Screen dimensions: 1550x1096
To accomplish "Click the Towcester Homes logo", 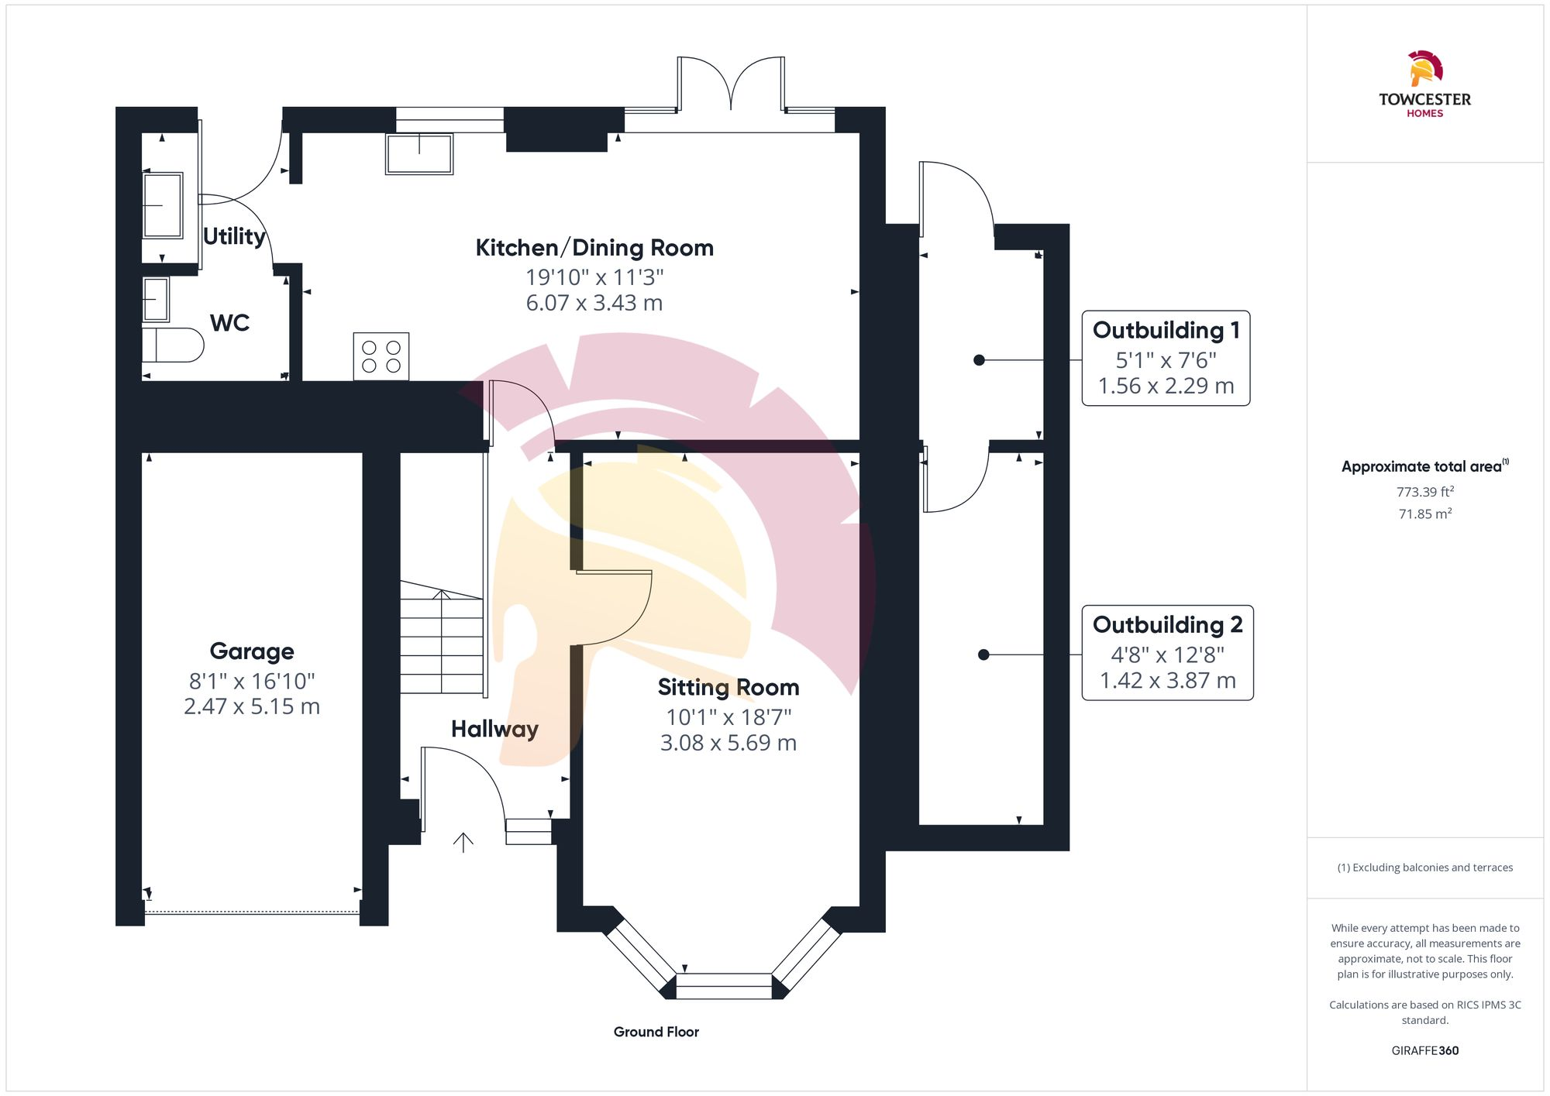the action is pyautogui.click(x=1424, y=84).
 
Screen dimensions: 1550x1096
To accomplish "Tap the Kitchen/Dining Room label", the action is pyautogui.click(x=594, y=248).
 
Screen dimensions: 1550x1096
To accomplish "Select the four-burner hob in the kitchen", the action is pyautogui.click(x=381, y=356).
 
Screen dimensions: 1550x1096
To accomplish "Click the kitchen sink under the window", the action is pyautogui.click(x=419, y=153).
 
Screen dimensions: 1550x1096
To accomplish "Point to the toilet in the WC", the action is pyautogui.click(x=172, y=345).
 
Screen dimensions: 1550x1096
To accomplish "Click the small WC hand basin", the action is pyautogui.click(x=156, y=300).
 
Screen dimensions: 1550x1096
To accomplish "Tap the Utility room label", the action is pyautogui.click(x=234, y=236).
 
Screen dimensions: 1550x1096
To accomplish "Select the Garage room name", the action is pyautogui.click(x=252, y=651).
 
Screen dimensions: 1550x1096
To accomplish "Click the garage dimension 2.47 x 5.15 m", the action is pyautogui.click(x=252, y=706).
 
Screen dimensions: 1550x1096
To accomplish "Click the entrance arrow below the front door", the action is pyautogui.click(x=463, y=843).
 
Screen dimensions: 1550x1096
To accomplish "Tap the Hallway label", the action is pyautogui.click(x=494, y=729).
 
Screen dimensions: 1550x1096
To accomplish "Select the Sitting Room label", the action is pyautogui.click(x=728, y=687).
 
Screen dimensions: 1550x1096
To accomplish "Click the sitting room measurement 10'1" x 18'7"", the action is pyautogui.click(x=728, y=717).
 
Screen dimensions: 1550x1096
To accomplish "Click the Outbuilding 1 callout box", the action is pyautogui.click(x=1166, y=358).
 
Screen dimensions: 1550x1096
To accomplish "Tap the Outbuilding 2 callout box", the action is pyautogui.click(x=1167, y=653).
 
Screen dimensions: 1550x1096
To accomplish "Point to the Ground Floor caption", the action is pyautogui.click(x=656, y=1032).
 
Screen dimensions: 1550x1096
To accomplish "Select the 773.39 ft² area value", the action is pyautogui.click(x=1425, y=492).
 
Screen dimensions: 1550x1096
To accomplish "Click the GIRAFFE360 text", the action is pyautogui.click(x=1425, y=1051).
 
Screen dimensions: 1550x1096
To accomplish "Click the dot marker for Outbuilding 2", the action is pyautogui.click(x=983, y=655).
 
